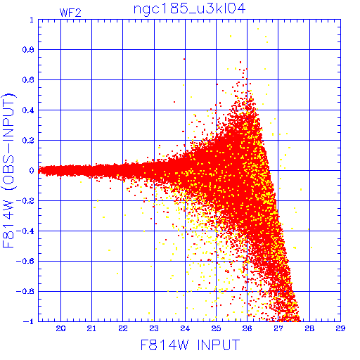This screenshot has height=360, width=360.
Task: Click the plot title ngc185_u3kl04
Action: (189, 9)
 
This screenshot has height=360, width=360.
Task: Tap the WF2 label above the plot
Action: (70, 13)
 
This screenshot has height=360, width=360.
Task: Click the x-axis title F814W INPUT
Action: (190, 345)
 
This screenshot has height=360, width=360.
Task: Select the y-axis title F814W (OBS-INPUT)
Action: (8, 170)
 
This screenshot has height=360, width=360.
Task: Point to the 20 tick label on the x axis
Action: (60, 328)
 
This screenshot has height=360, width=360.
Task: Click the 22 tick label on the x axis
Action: (123, 328)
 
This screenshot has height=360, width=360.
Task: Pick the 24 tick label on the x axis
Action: (185, 328)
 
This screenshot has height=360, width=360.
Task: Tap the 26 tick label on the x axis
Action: (247, 328)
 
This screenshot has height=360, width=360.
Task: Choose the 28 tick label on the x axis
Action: (309, 328)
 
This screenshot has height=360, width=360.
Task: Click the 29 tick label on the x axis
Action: (340, 328)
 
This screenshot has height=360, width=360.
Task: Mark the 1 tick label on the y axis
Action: (32, 20)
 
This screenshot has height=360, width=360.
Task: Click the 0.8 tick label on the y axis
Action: (28, 50)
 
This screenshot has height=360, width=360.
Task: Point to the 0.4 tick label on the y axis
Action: (28, 110)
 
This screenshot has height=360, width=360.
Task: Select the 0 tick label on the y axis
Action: (32, 170)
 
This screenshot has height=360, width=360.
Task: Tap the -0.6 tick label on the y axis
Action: (25, 261)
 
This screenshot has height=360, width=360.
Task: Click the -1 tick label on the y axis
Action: (29, 321)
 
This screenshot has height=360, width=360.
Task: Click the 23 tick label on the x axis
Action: (154, 328)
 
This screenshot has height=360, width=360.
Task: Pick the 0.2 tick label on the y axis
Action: (28, 141)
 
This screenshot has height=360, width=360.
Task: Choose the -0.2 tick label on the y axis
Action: (25, 200)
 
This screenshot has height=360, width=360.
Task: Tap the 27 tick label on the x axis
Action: (278, 328)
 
